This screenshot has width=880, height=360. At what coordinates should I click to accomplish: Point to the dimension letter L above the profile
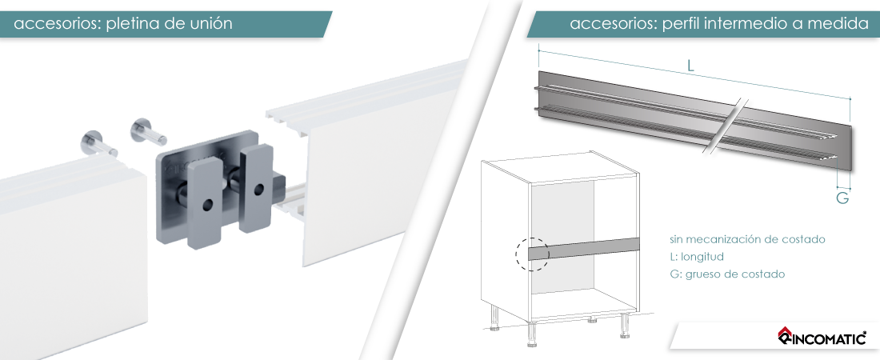[x=691, y=65]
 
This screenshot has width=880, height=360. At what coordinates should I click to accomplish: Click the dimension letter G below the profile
[x=842, y=198]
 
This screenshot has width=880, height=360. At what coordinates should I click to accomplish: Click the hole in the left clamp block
[x=208, y=205]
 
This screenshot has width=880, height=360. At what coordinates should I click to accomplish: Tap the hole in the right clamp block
[x=258, y=189]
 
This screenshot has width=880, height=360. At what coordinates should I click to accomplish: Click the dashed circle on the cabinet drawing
[x=532, y=254]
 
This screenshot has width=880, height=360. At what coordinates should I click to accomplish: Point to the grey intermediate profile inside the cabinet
[x=585, y=248]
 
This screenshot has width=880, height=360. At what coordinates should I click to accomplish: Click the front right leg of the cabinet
[x=624, y=326]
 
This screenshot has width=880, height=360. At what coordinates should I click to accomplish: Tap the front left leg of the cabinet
[x=531, y=334]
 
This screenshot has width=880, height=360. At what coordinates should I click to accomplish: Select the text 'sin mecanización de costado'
[x=747, y=239]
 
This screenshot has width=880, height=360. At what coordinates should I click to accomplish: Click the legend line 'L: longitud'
[x=697, y=257]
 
